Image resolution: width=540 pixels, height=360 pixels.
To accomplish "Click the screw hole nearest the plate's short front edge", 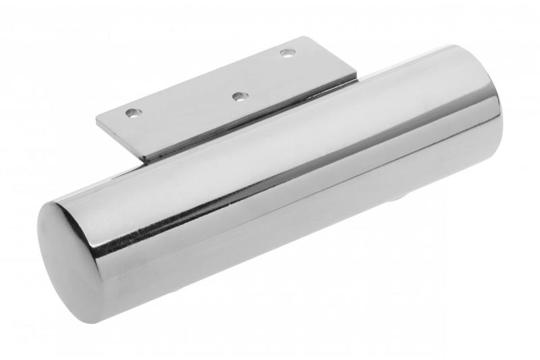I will [134, 111].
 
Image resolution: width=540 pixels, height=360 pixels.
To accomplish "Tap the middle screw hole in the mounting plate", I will [238, 97].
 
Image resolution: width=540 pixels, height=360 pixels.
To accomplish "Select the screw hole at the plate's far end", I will [288, 51].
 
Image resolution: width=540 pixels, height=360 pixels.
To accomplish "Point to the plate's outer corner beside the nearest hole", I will [96, 122].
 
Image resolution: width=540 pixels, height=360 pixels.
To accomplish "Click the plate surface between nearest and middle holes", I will [186, 108].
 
